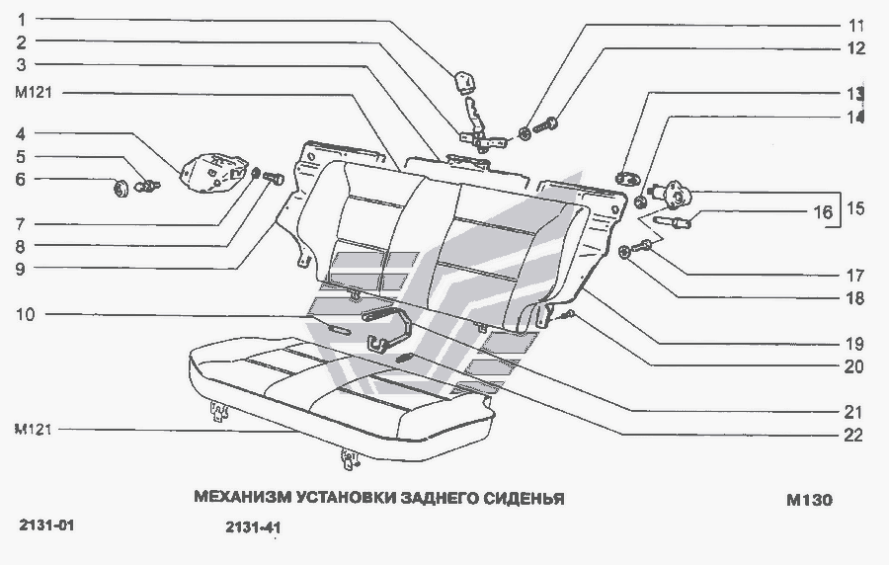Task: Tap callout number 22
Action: [x=853, y=434]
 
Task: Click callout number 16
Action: [x=822, y=211]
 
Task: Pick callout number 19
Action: [x=853, y=345]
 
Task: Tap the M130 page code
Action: [x=809, y=500]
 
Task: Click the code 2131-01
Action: [x=45, y=525]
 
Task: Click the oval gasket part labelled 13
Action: [x=626, y=179]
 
